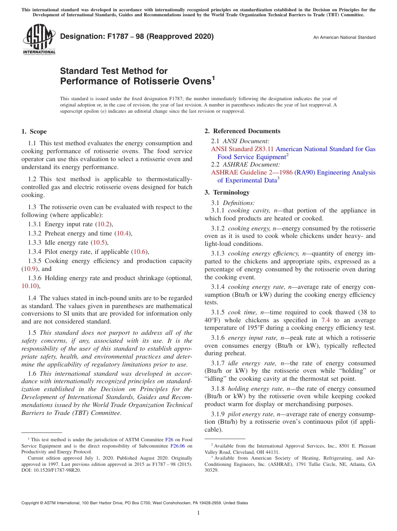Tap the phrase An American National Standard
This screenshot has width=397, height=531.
point(344,38)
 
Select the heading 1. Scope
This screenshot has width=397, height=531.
point(34,131)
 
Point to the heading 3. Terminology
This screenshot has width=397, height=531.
point(227,192)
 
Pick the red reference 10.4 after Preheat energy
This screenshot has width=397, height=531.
point(123,233)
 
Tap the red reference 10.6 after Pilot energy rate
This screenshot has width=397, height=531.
point(140,252)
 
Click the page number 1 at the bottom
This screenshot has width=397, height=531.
point(198,513)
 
